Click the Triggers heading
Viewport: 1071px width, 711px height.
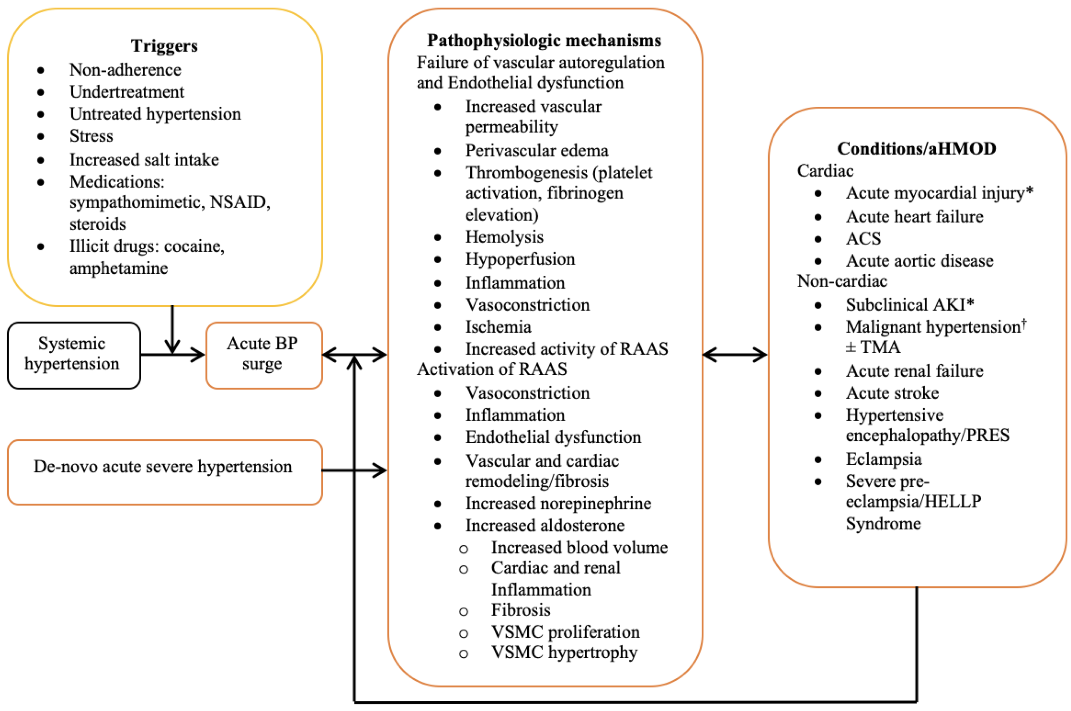coord(164,46)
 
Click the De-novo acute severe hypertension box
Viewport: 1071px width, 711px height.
coord(163,467)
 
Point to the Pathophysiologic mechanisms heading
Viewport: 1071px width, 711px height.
coord(544,40)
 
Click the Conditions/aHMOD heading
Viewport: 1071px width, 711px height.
coord(916,148)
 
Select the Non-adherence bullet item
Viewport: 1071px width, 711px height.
coord(125,70)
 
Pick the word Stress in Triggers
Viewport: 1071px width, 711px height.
coord(91,136)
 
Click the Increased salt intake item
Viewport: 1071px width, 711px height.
coord(144,160)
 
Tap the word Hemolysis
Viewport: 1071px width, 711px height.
coord(504,237)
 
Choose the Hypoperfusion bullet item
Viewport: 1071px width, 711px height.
coord(520,259)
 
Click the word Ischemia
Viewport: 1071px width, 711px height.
coord(498,327)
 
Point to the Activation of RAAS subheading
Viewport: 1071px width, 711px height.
coord(492,369)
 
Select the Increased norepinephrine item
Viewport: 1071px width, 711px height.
coord(558,503)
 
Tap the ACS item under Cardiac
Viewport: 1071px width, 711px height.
coord(863,239)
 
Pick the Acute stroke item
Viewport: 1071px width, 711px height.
coord(892,393)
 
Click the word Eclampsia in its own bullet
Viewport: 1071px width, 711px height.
coord(883,459)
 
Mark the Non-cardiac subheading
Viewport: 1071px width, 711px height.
coord(841,281)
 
